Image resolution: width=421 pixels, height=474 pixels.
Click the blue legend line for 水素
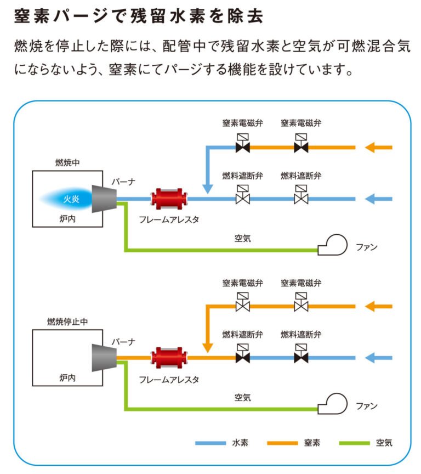point(210,443)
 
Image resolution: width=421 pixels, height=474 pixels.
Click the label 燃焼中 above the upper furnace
point(67,163)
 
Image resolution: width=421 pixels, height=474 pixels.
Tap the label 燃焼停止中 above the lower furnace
point(67,322)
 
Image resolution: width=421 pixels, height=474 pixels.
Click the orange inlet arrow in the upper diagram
point(379,147)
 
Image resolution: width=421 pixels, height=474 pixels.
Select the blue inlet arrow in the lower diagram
point(379,358)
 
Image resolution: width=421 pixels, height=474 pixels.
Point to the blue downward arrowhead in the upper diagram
point(207,188)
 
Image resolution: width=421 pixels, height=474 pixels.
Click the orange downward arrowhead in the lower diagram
point(207,347)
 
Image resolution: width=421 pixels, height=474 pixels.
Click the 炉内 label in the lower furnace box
point(67,378)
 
